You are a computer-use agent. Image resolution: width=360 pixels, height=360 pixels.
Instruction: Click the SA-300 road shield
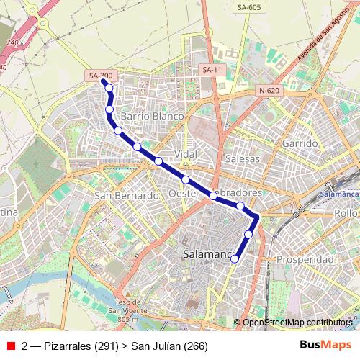[x=101, y=75]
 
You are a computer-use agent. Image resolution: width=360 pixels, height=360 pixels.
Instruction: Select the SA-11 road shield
[x=212, y=70]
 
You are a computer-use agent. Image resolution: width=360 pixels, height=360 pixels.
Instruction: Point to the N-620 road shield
[x=268, y=91]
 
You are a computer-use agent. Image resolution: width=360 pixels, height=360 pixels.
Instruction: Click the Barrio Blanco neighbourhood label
[x=153, y=116]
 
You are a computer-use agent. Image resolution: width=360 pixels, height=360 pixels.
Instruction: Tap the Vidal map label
[x=186, y=155]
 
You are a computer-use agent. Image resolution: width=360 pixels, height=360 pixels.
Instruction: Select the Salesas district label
[x=242, y=158]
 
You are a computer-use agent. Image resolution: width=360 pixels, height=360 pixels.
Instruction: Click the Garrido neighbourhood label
[x=300, y=144]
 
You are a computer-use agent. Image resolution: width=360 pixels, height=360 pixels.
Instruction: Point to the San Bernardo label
[x=126, y=196]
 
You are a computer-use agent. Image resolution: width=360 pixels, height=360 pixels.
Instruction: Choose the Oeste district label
[x=183, y=194]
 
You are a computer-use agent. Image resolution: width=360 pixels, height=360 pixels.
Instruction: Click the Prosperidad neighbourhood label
[x=306, y=259]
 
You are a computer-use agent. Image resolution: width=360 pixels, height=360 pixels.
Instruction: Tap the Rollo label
[x=346, y=214]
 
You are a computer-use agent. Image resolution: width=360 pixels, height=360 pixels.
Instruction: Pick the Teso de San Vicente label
[x=126, y=310]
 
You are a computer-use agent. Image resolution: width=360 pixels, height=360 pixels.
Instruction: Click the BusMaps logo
[x=326, y=346]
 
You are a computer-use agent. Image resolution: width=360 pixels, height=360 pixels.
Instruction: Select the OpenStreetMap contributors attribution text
[x=297, y=323]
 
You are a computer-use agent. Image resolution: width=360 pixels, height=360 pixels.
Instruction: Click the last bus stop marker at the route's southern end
[x=235, y=259]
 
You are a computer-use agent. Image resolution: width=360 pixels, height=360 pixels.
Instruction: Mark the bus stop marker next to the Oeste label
[x=185, y=179]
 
